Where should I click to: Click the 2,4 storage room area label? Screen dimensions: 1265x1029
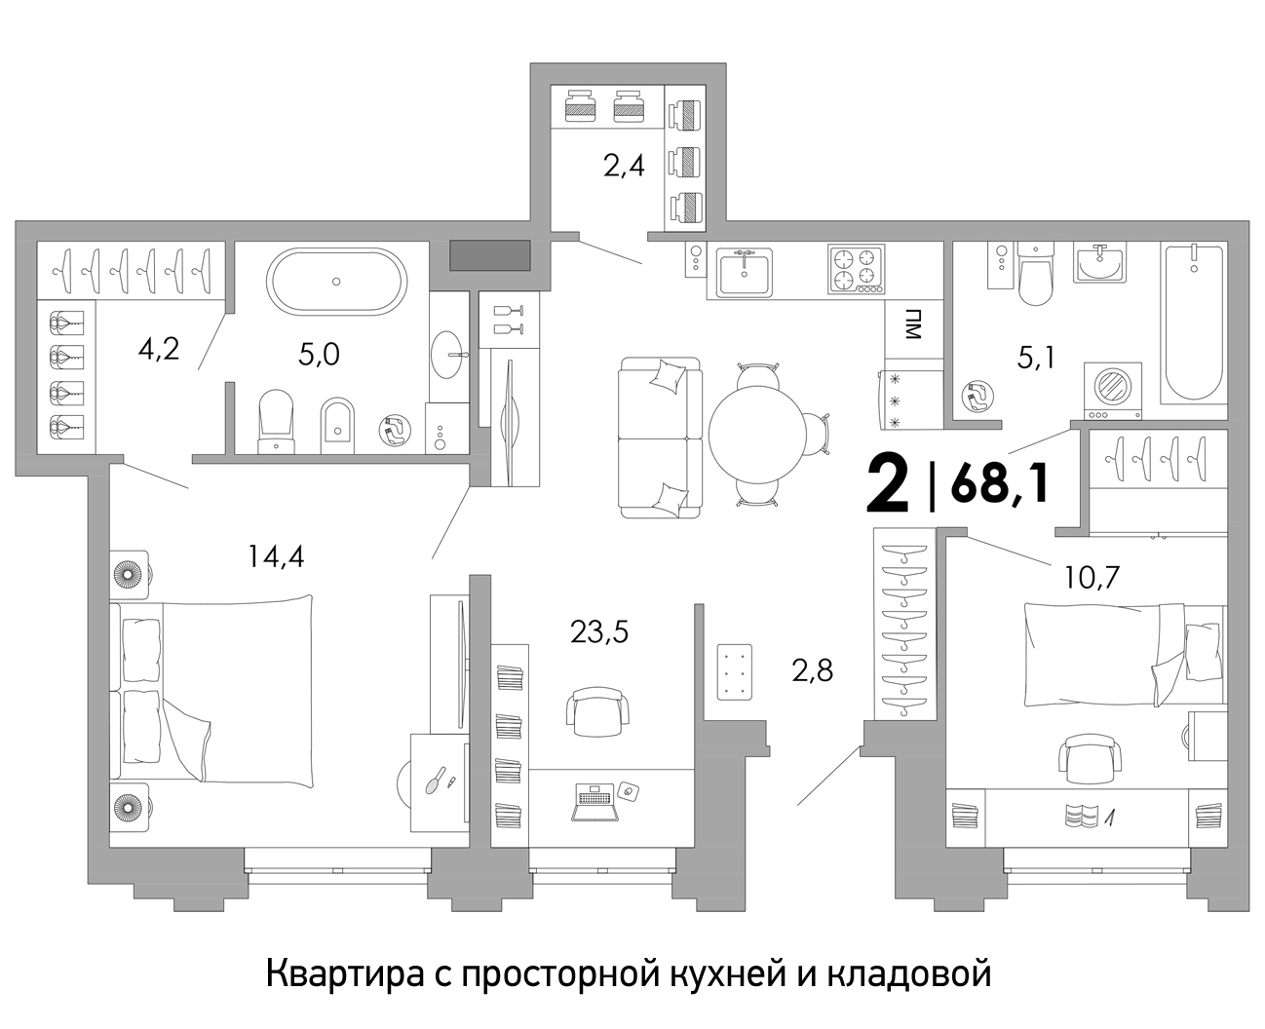(624, 167)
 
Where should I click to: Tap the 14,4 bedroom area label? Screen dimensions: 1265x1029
(276, 557)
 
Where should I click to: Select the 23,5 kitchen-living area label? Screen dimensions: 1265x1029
(599, 632)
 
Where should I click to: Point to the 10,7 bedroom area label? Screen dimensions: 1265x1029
(1092, 577)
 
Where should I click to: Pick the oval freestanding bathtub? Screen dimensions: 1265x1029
(337, 282)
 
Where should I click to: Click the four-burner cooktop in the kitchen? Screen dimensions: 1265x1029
(857, 269)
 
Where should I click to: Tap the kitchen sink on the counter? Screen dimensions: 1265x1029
(745, 272)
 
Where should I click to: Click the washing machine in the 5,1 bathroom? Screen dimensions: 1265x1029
(1113, 392)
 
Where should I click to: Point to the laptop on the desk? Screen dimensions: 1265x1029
(595, 802)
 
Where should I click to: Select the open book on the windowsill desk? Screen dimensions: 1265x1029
(1081, 815)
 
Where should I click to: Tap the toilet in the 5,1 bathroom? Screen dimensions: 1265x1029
(1036, 273)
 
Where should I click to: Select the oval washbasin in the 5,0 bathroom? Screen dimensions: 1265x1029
(444, 355)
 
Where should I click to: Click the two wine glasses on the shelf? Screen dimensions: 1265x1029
(509, 320)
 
